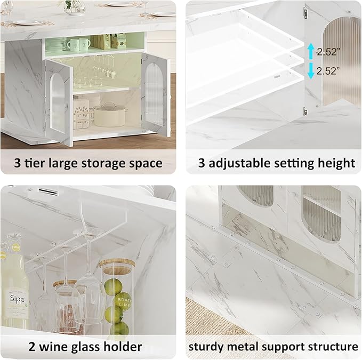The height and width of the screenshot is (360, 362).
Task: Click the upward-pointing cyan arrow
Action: pyautogui.click(x=311, y=51)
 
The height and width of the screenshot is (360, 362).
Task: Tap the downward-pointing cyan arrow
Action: pyautogui.click(x=311, y=71)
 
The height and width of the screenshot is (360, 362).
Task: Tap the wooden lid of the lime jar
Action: pyautogui.click(x=117, y=266)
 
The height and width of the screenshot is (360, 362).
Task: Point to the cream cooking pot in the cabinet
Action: pyautogui.click(x=110, y=115)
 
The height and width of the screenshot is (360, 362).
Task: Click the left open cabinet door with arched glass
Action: pyautogui.click(x=58, y=101)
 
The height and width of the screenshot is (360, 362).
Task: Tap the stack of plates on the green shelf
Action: pyautogui.click(x=57, y=44)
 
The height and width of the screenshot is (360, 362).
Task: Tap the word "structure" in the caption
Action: pyautogui.click(x=334, y=347)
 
